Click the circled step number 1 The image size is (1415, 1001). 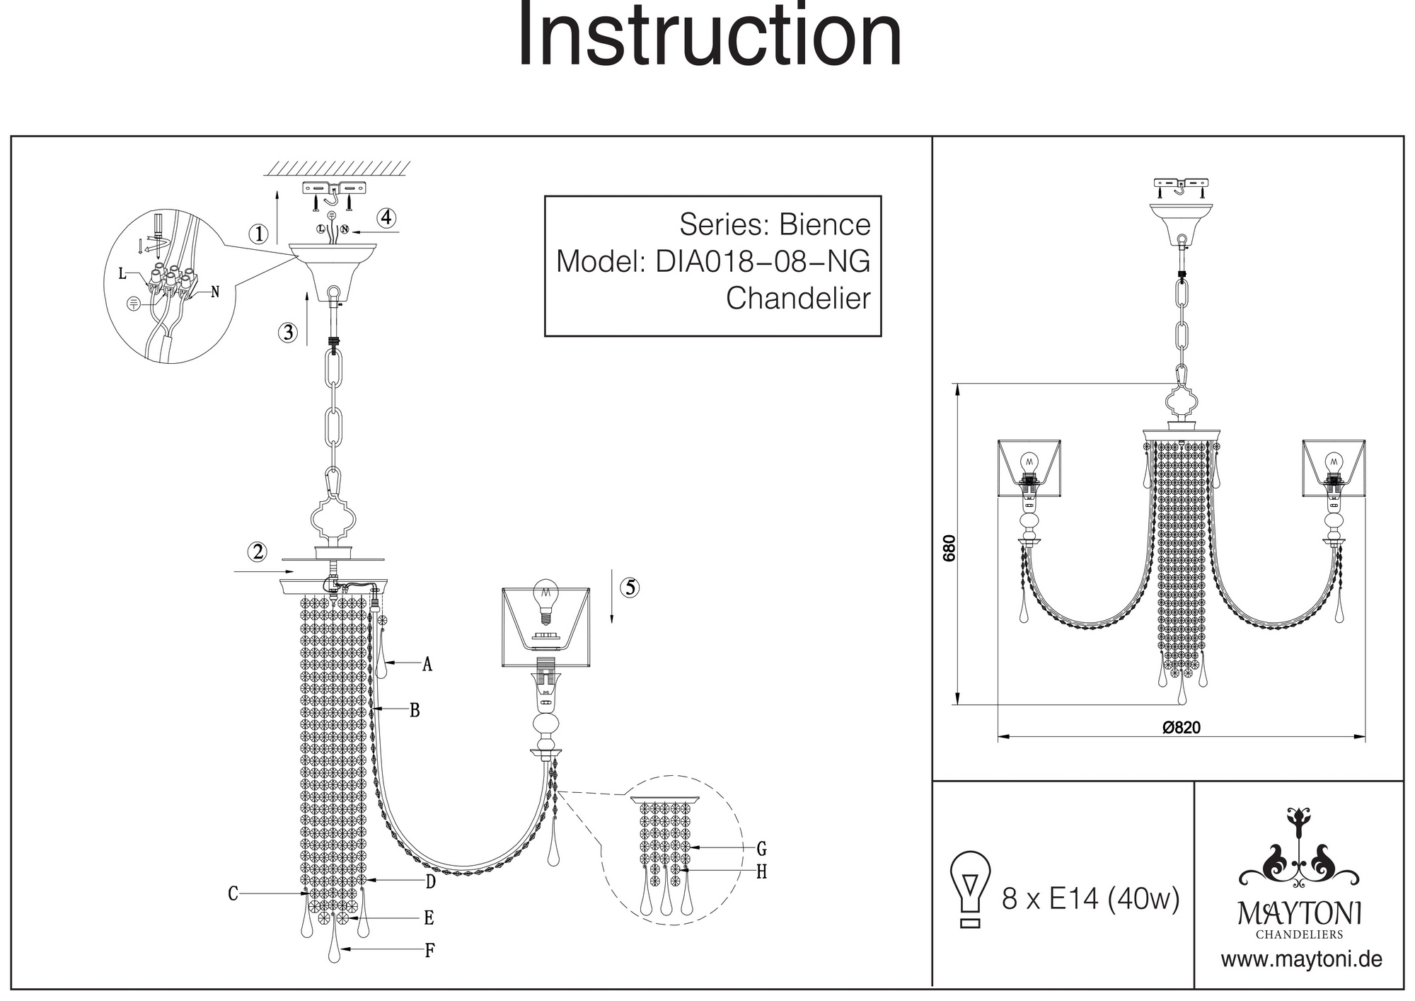coord(260,234)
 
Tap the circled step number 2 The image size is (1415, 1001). coord(258,551)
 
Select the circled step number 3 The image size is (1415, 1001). coord(287,332)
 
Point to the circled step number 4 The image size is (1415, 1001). coord(386,217)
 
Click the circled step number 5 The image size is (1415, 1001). coord(630,587)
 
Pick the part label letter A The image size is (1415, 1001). coord(427,664)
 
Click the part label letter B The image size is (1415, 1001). coord(415,710)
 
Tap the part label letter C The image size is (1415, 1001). coord(233,894)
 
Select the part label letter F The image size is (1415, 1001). coord(429,950)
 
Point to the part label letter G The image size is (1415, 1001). coord(761,848)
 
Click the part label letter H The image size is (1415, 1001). coord(761,872)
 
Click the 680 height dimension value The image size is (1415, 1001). coord(949,548)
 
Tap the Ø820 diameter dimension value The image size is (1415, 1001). coord(1182,727)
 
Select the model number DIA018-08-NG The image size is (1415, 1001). coord(763,261)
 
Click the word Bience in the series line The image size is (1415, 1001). coord(824,224)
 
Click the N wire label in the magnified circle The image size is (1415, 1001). coord(215,292)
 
